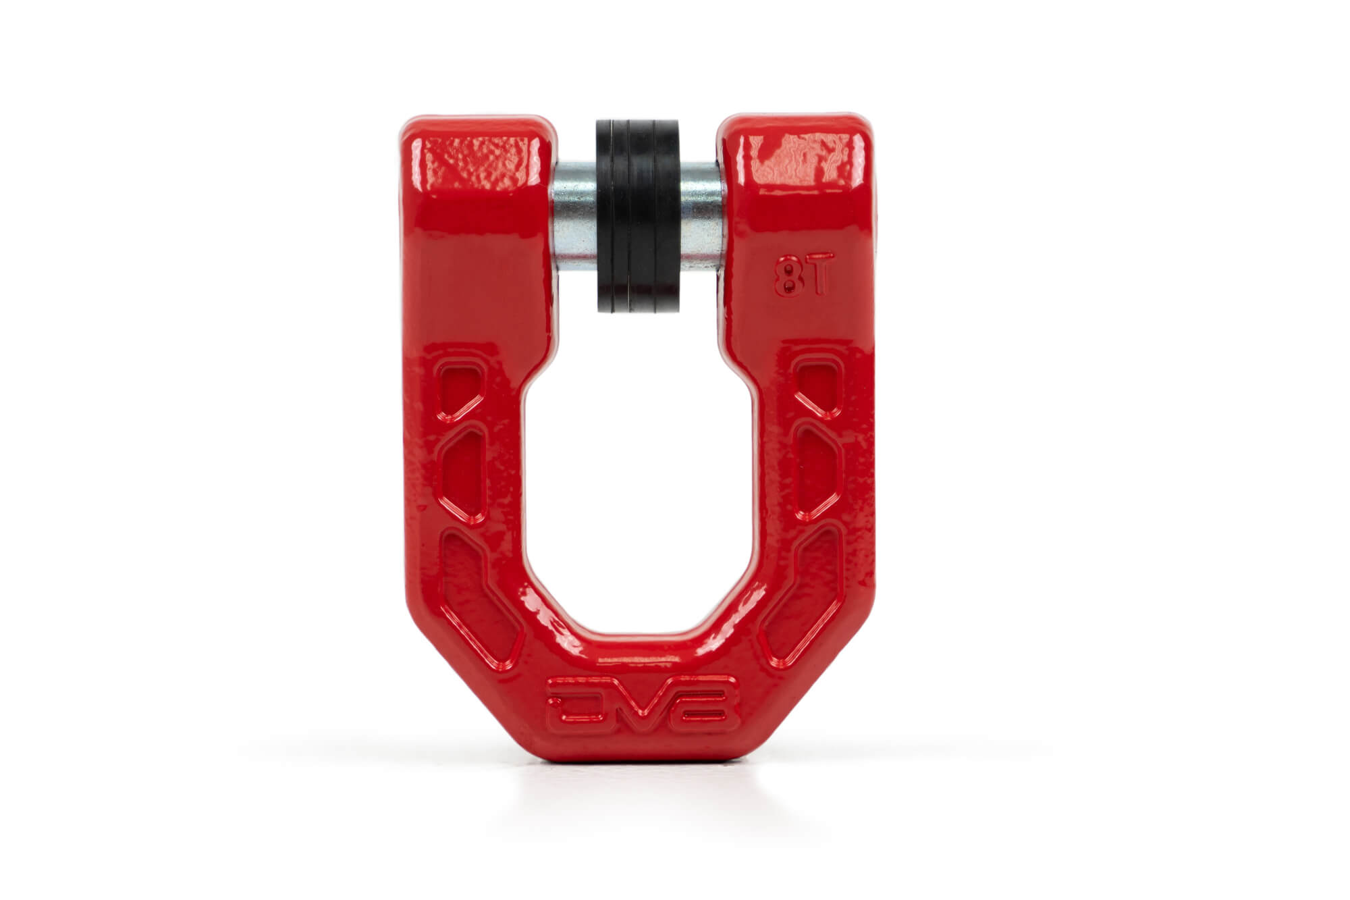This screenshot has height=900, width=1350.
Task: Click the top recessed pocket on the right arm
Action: tap(817, 387)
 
